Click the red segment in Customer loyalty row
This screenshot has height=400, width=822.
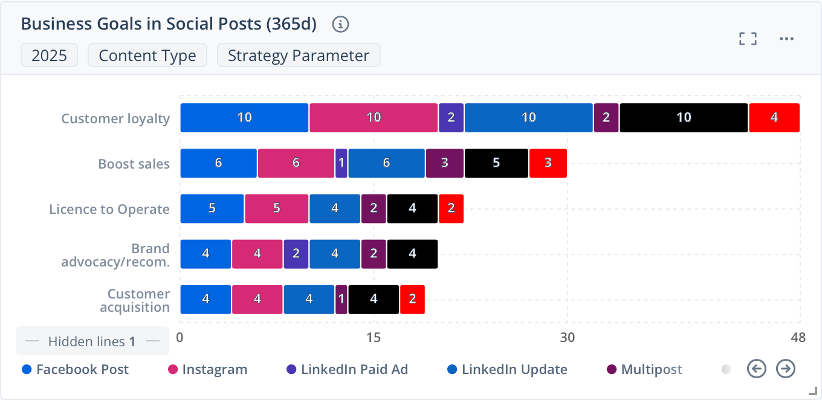pos(774,118)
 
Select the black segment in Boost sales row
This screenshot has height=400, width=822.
pos(496,163)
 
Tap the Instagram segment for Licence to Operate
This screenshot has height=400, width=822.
pos(276,208)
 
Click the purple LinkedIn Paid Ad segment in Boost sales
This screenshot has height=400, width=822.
pos(341,163)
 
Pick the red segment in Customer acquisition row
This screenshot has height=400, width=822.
pos(412,300)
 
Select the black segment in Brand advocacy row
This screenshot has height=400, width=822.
pos(412,254)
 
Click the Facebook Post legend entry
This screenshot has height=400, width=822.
pos(76,369)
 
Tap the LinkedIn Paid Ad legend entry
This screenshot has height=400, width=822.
pos(347,369)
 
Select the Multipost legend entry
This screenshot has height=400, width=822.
pos(644,369)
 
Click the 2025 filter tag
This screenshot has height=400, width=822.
pos(49,56)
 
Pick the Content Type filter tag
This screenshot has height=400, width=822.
pos(147,56)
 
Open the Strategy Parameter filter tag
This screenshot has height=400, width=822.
pos(299,56)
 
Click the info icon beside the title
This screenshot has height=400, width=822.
pos(341,24)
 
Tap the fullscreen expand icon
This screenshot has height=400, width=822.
pos(748,39)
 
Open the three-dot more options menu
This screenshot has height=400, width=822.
pos(786,39)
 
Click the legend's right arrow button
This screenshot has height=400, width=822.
pos(786,368)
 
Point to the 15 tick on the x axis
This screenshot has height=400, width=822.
pos(374,338)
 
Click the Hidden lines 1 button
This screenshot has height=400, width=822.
pos(91,341)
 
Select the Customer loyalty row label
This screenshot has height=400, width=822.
pos(115,118)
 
